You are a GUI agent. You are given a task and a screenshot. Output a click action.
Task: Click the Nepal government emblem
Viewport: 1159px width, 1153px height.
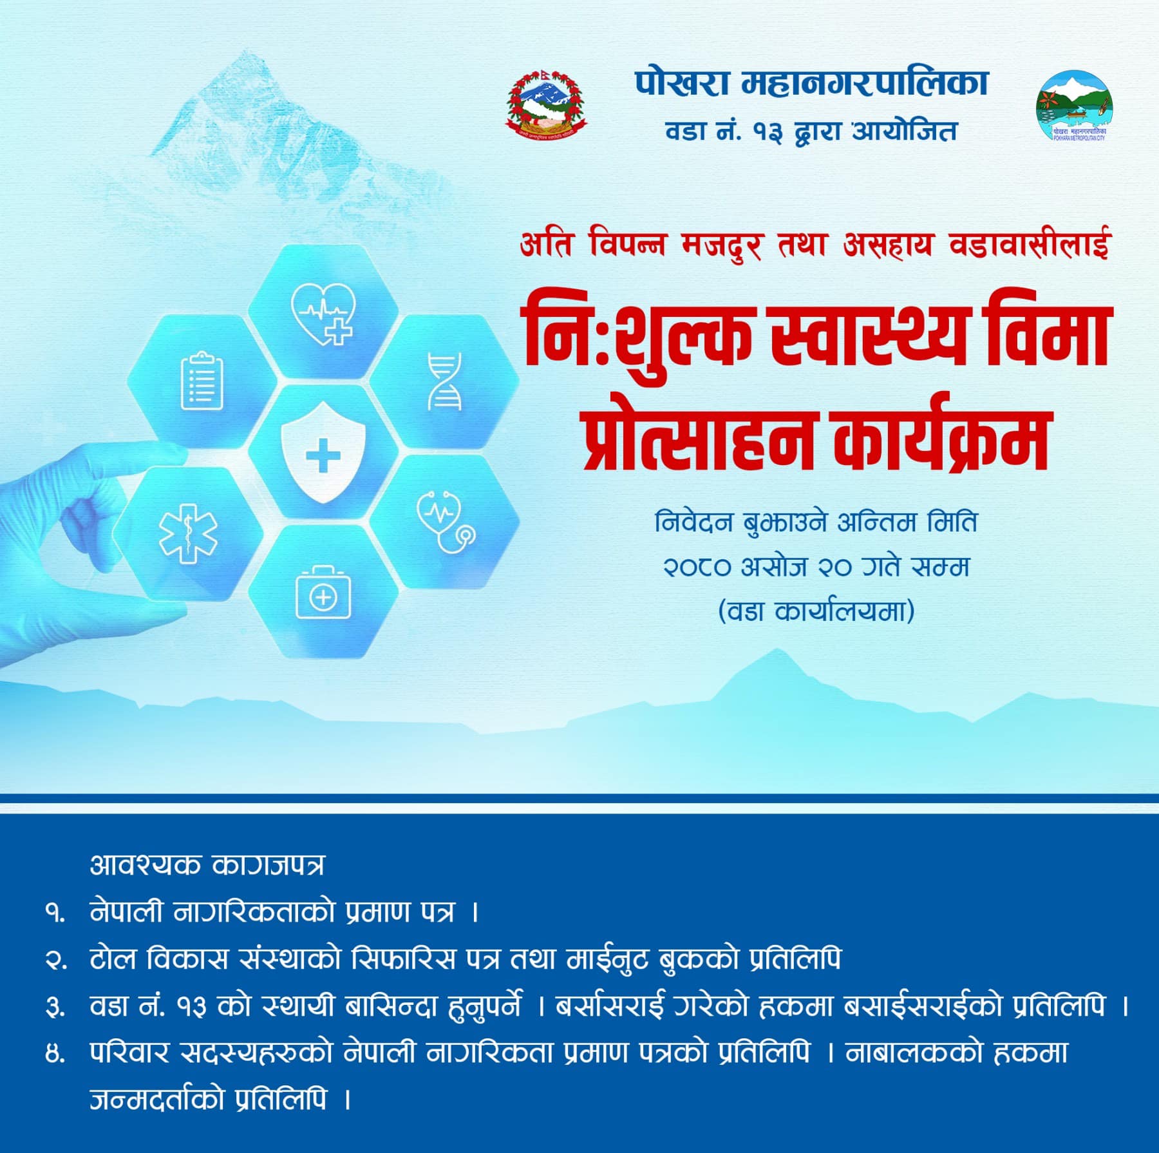pos(546,102)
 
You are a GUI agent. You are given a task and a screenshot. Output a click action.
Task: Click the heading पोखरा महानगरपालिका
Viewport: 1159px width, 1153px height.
pos(811,84)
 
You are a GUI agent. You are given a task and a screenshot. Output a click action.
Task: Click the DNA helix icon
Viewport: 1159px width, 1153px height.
pos(445,381)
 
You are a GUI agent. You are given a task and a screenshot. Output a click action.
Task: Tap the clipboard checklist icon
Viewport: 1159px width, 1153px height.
pos(202,381)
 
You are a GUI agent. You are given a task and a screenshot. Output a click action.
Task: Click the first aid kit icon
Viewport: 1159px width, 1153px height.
pos(323,593)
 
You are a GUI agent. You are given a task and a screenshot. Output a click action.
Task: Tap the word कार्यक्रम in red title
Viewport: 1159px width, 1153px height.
pos(942,435)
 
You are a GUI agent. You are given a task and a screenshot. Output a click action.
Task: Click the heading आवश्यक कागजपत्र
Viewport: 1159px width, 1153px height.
pos(207,865)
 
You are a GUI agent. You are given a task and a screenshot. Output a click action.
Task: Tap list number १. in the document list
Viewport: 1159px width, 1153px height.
pos(55,913)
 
